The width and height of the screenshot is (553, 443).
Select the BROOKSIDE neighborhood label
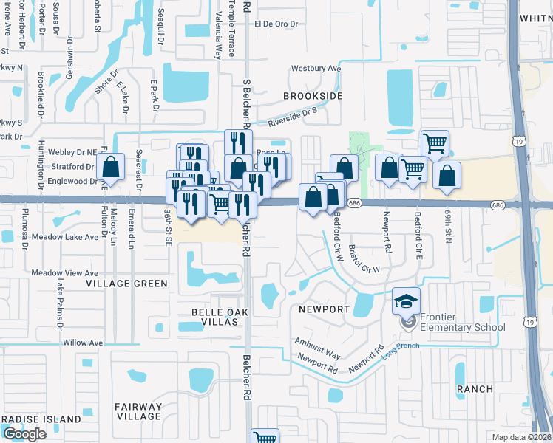tap(313, 96)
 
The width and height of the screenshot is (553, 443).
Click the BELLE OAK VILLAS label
tap(217, 312)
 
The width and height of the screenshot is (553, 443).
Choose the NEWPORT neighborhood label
tap(324, 309)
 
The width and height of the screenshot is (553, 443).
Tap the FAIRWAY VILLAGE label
tap(138, 411)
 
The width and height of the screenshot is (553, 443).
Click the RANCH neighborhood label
tap(475, 388)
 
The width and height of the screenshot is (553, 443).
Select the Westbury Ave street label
tap(316, 69)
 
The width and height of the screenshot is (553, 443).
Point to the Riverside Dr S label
tap(292, 114)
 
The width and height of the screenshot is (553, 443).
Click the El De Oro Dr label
tap(276, 24)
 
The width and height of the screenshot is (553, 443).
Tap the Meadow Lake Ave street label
tap(65, 237)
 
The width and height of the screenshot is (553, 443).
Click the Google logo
tap(24, 433)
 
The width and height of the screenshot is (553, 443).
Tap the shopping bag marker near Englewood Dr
tap(110, 168)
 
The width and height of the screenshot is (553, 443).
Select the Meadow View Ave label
tap(65, 272)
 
